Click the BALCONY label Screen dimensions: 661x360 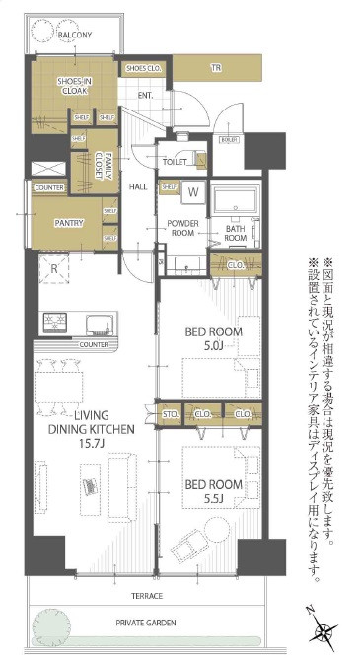coord(75,36)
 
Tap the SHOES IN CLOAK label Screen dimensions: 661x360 coord(74,86)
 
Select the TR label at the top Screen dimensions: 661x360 coord(214,68)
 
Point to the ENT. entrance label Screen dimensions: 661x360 coord(145,95)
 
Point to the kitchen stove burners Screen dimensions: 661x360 coord(53,323)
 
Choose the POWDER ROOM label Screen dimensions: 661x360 coord(183,229)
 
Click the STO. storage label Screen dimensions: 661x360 coord(171,414)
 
